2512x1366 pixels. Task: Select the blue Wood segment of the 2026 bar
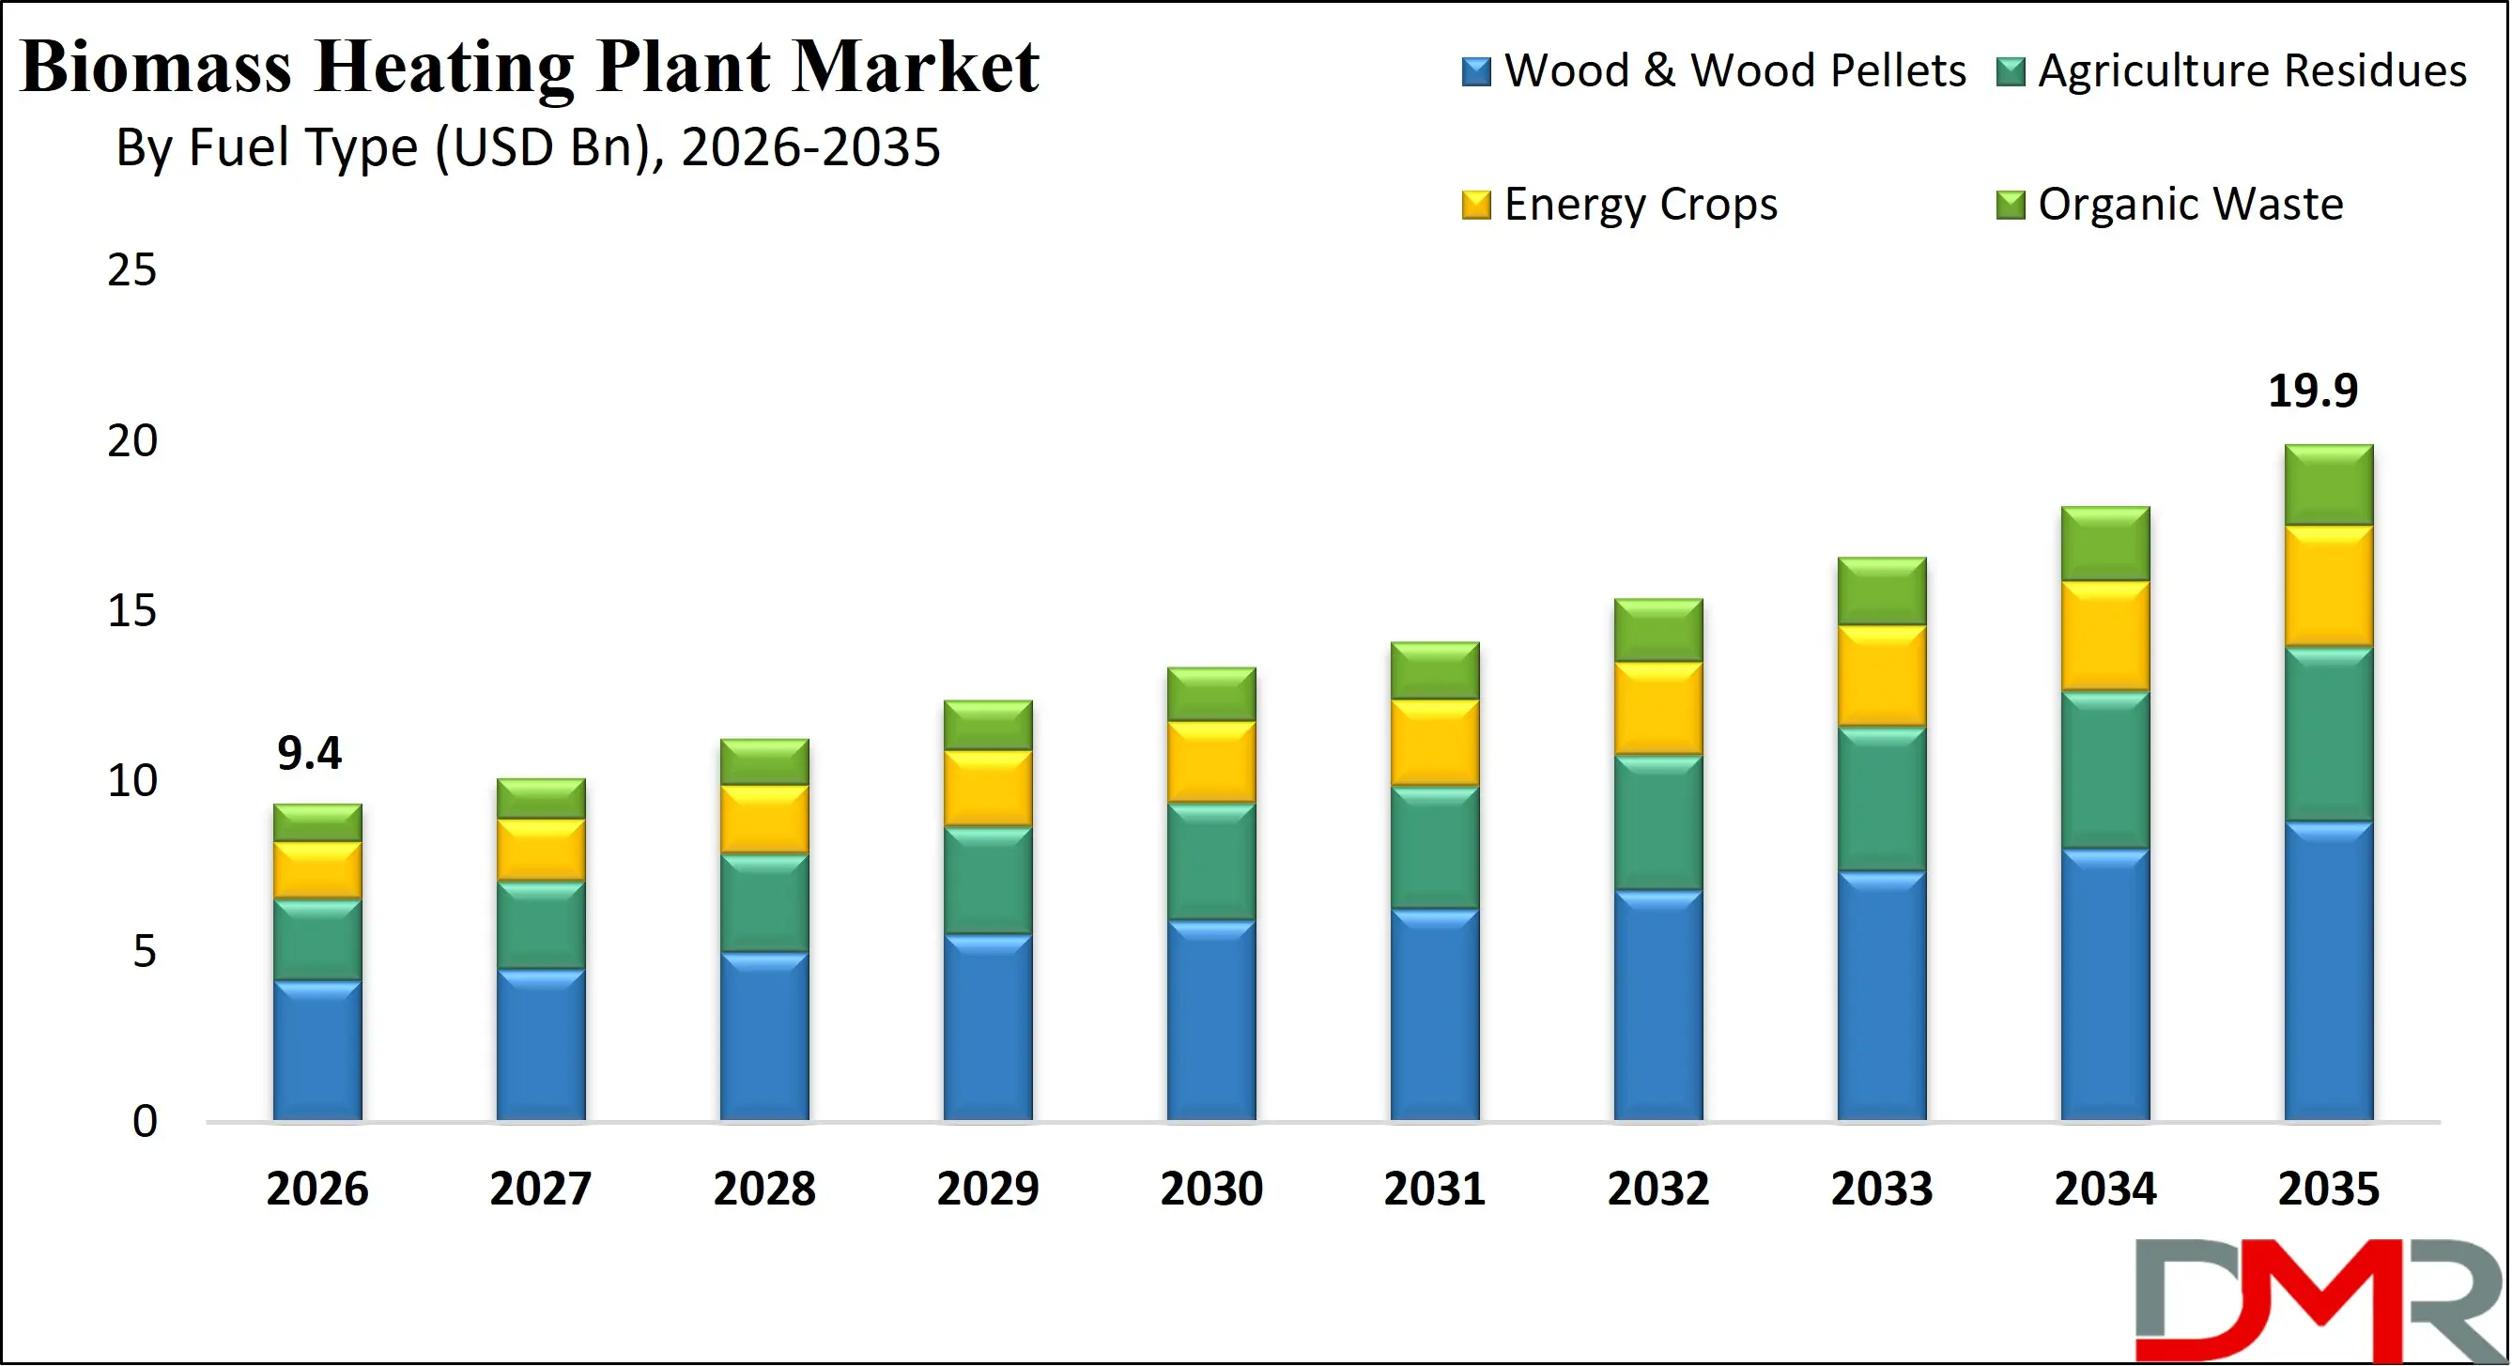tap(316, 1051)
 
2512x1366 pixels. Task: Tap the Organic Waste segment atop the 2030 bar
tap(1211, 695)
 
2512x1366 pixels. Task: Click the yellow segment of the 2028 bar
tap(764, 820)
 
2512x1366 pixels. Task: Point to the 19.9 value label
tap(2312, 391)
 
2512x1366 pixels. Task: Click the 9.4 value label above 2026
tap(309, 754)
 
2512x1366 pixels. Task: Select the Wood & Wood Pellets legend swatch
tap(1476, 72)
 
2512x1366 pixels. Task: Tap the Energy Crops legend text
tap(1641, 205)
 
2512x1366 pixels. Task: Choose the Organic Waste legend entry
tap(2189, 205)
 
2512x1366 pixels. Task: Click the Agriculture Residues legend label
tap(2252, 71)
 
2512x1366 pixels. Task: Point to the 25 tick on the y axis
tap(131, 270)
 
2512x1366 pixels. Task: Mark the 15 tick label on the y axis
tap(131, 611)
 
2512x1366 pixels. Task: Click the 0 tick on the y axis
tap(145, 1122)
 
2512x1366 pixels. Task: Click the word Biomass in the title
tap(156, 68)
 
